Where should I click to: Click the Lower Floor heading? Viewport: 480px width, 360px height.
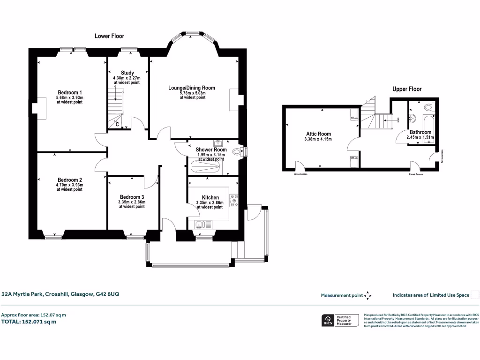(109, 36)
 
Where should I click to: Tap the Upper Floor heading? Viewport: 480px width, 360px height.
(407, 89)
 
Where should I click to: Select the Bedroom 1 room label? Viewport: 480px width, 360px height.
(70, 92)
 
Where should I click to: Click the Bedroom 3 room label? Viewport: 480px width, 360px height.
(132, 197)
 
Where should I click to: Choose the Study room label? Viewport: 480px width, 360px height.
(127, 73)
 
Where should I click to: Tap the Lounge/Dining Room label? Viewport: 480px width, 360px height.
(192, 88)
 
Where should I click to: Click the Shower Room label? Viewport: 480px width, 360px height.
(211, 150)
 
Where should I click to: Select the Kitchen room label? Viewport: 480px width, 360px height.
(210, 197)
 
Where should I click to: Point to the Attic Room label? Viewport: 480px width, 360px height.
(318, 134)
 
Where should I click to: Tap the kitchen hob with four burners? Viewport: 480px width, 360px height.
(233, 200)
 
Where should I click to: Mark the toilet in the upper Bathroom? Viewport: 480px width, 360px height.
(427, 107)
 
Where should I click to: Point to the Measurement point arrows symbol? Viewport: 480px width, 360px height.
(368, 295)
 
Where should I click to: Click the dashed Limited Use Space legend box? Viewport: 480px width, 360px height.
(475, 294)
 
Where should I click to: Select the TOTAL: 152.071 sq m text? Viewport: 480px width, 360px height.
(29, 322)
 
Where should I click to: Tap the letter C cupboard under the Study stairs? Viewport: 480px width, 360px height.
(117, 124)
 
